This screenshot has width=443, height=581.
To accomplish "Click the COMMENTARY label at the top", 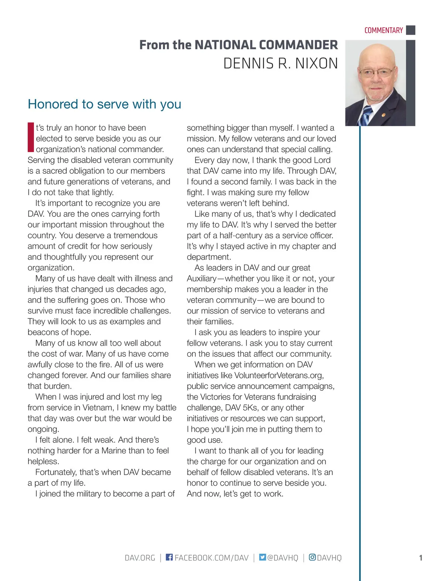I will click(x=384, y=30).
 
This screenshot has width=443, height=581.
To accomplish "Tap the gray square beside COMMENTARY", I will click(x=411, y=30).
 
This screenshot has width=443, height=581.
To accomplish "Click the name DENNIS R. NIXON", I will click(x=281, y=63).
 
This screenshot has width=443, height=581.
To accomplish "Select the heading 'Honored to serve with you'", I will click(x=104, y=104).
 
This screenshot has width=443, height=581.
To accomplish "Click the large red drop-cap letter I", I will click(x=31, y=137).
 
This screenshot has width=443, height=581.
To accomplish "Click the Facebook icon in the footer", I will click(x=169, y=557).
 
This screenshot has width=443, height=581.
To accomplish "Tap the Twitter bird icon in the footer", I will click(x=262, y=557).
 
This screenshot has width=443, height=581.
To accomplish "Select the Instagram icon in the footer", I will click(x=312, y=557).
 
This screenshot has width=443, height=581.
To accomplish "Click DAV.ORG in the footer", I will click(x=140, y=558).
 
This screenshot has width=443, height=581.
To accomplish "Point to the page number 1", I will click(x=420, y=558).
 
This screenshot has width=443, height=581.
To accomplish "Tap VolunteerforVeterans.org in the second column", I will click(x=279, y=376).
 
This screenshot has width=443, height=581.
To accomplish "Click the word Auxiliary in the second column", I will click(x=202, y=279).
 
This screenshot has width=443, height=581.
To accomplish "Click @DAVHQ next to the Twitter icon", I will click(x=282, y=558).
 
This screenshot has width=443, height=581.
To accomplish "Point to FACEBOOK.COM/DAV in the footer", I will click(x=212, y=558).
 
